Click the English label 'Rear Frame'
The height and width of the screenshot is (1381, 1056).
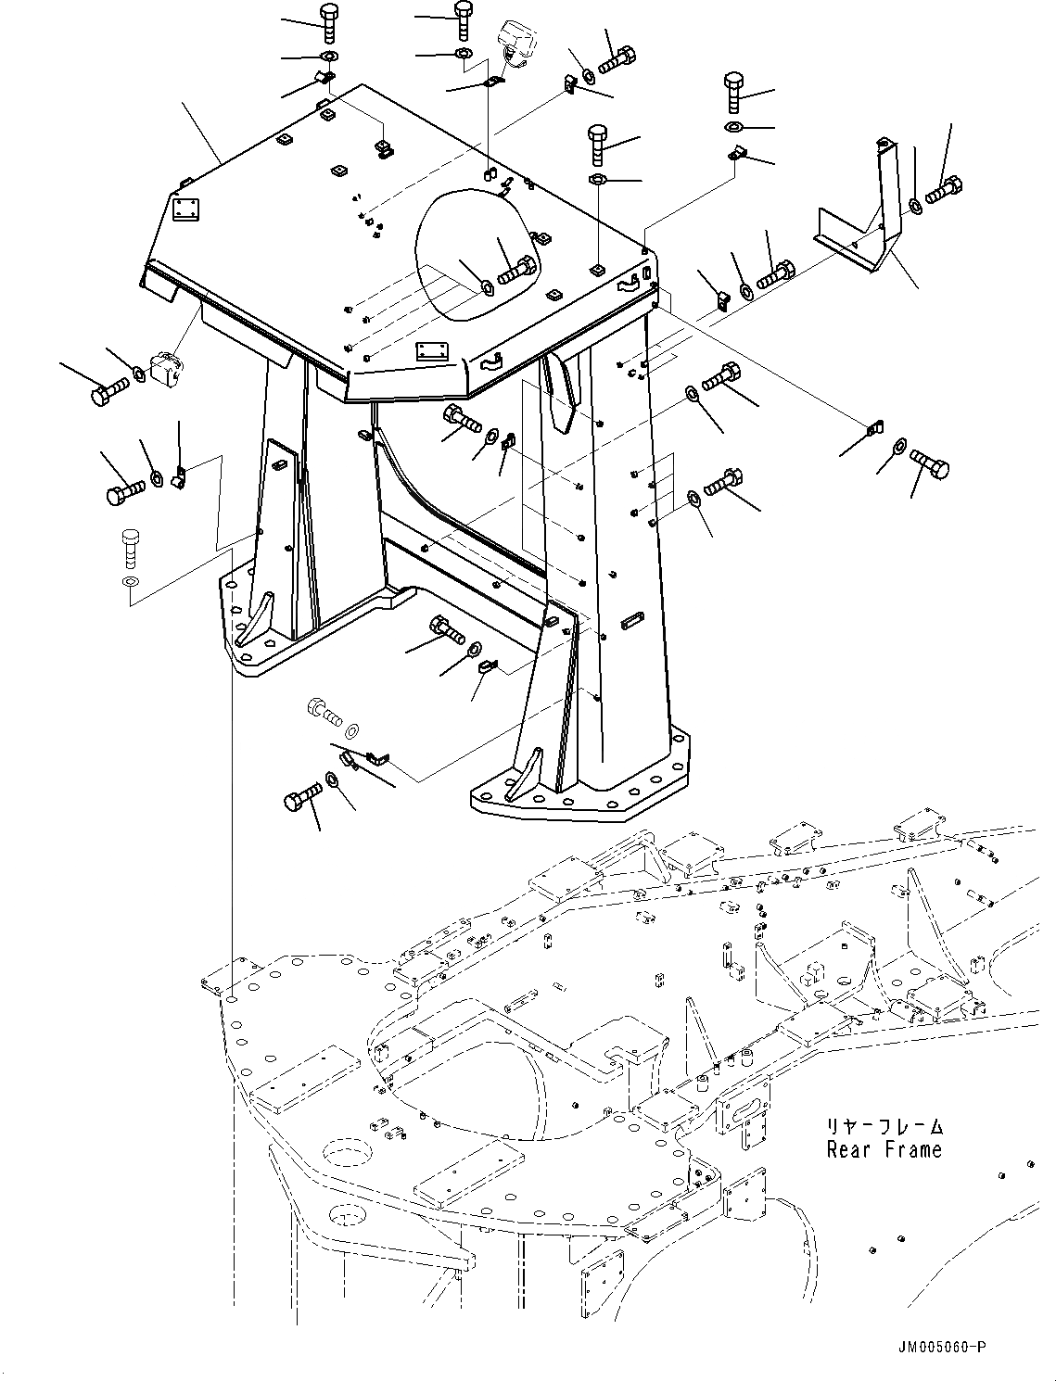pyautogui.click(x=884, y=1150)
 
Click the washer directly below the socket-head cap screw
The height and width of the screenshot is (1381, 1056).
pyautogui.click(x=131, y=582)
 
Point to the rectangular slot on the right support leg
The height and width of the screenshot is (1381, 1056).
pyautogui.click(x=632, y=619)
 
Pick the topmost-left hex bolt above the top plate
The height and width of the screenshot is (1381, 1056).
pyautogui.click(x=328, y=22)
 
